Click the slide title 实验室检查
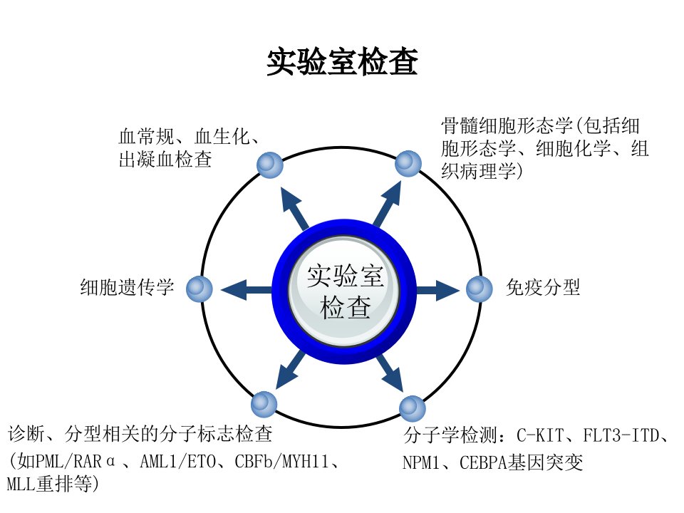(343, 63)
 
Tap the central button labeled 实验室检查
(344, 291)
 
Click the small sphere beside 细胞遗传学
(199, 289)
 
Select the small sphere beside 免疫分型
(480, 289)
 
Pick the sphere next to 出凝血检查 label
(270, 165)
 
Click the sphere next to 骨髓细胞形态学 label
(408, 164)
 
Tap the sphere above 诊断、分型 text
(264, 405)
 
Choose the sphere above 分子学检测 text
(413, 408)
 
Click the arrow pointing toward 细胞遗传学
(247, 290)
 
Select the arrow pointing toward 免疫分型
(438, 290)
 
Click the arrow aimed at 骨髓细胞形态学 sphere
(388, 204)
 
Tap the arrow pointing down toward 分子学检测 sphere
(390, 373)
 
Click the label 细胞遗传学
(127, 287)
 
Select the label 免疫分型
(543, 287)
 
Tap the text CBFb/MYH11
(281, 462)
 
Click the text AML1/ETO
(178, 462)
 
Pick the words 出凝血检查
(165, 160)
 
